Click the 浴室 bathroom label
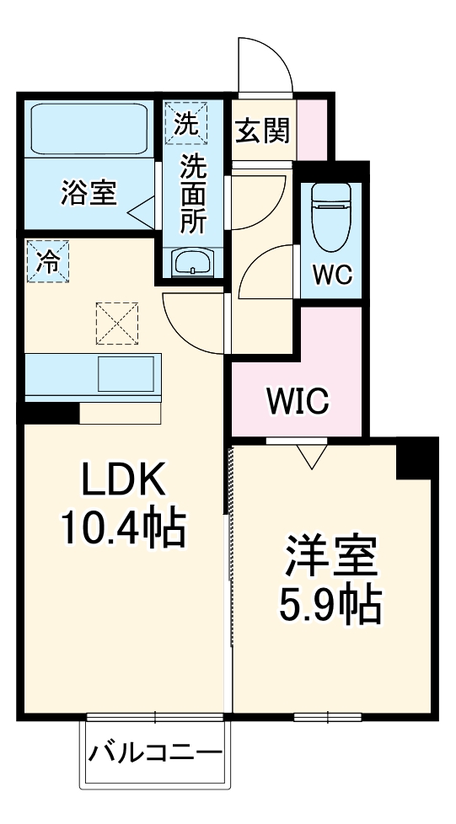coord(88,193)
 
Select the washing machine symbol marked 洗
coord(184,123)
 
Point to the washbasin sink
coord(193,263)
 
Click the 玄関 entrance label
coord(262,131)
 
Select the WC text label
coord(333,275)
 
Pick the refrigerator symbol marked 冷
coord(47,260)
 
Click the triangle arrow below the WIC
coord(312,456)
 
